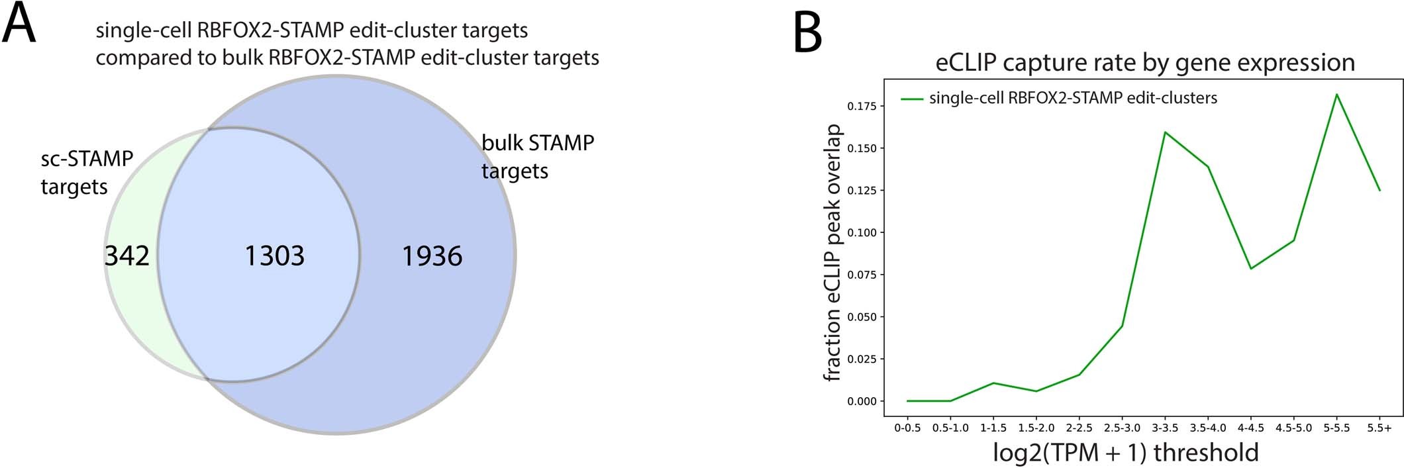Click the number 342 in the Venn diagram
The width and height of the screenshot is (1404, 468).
127,256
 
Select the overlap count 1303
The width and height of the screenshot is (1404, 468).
274,256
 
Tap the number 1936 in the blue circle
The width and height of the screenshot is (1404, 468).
432,256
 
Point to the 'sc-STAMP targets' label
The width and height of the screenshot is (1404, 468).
86,173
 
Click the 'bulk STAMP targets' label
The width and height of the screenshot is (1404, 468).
537,157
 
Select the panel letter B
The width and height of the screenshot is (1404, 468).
807,33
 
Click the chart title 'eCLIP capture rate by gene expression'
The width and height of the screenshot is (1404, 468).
1145,62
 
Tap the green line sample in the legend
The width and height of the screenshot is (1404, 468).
912,99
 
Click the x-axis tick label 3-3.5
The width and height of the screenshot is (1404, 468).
1165,428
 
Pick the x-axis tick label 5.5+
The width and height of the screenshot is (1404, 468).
1379,428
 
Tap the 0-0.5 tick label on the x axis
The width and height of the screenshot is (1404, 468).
907,428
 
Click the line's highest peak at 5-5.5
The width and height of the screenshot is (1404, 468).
1336,95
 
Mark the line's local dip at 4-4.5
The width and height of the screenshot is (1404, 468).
1251,268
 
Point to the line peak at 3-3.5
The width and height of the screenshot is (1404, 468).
1165,132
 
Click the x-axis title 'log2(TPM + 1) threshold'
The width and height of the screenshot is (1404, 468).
1125,453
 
